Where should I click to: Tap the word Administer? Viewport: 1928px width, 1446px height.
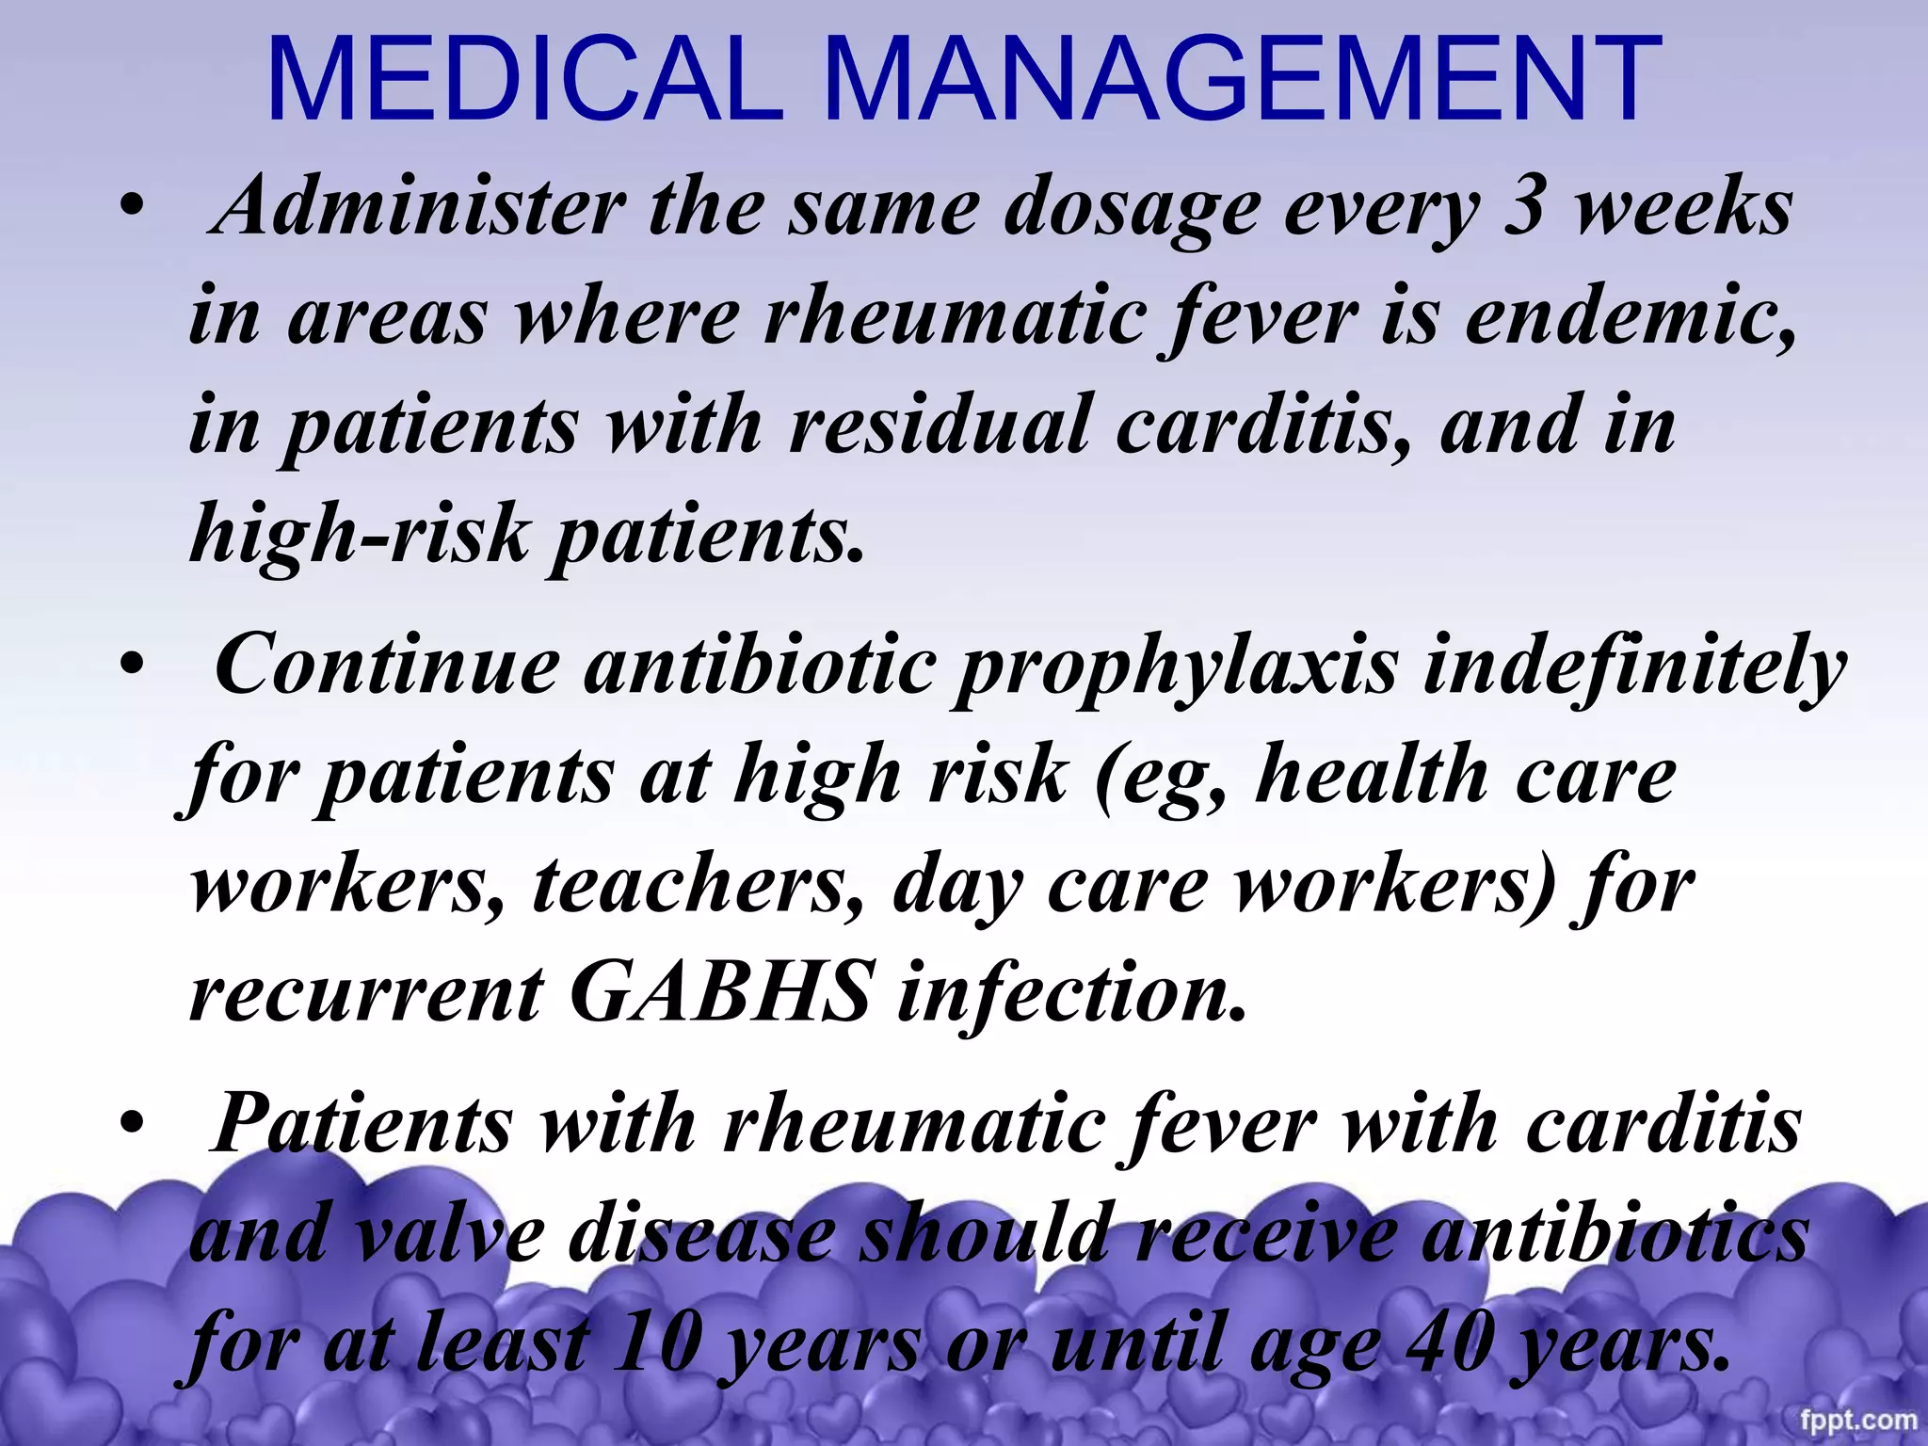[x=419, y=206]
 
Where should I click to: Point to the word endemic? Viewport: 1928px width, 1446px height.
[x=1629, y=316]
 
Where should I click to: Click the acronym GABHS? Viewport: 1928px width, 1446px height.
[x=719, y=992]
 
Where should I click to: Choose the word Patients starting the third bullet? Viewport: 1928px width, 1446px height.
[x=362, y=1124]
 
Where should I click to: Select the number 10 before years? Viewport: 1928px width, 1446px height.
[x=655, y=1342]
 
